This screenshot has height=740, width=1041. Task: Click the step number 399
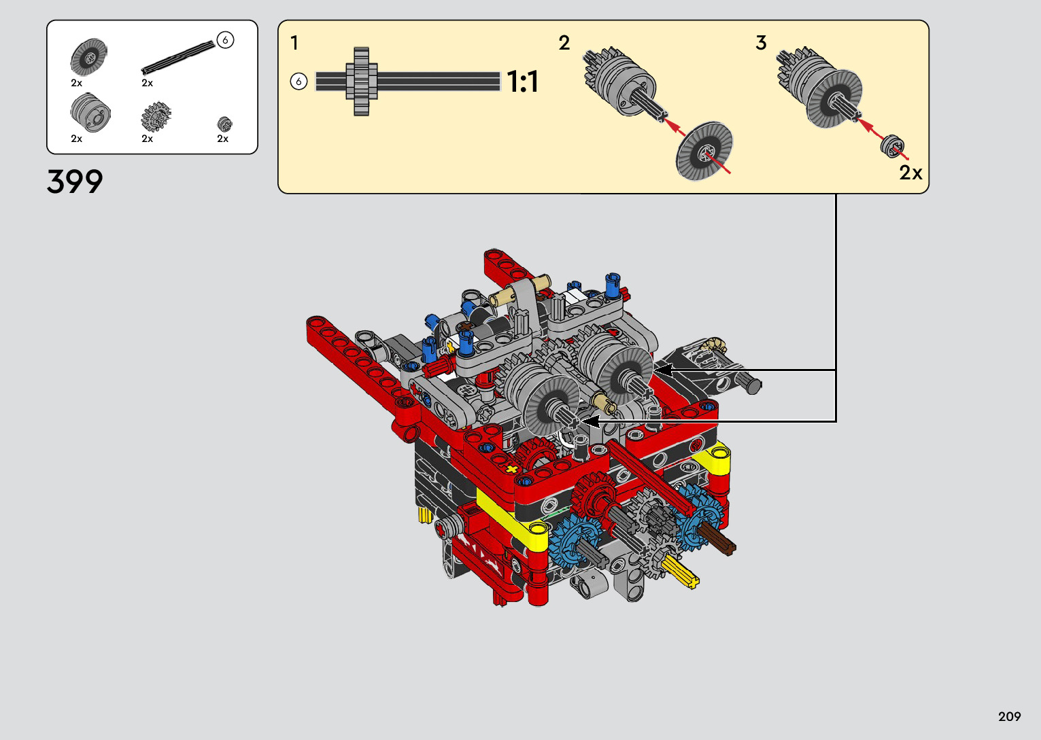click(75, 181)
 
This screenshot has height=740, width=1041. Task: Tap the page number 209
click(1010, 716)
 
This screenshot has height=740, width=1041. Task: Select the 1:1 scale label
click(523, 82)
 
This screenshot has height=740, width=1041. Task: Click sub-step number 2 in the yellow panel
click(564, 43)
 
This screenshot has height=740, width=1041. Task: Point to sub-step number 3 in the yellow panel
click(761, 43)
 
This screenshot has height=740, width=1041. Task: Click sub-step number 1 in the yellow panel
click(294, 43)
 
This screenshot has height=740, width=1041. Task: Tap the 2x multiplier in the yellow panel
click(910, 173)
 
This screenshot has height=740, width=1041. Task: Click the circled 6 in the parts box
click(225, 40)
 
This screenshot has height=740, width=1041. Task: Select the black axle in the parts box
click(178, 58)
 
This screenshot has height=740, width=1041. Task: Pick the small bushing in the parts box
click(224, 124)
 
